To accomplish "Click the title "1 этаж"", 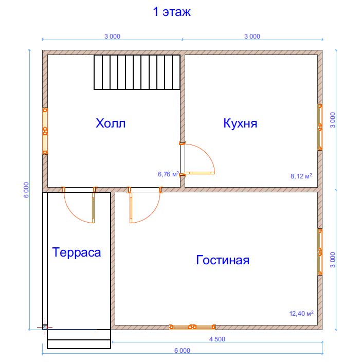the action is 172,12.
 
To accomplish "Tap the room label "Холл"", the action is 111,123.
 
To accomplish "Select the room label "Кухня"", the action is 240,123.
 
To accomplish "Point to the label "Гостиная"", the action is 223,260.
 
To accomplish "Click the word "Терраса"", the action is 77,252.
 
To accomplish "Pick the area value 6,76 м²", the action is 168,174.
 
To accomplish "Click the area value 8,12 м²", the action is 301,176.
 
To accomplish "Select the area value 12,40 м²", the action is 301,313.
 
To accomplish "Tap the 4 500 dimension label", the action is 217,339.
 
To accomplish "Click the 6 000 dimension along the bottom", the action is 182,351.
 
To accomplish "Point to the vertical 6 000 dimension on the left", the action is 26,190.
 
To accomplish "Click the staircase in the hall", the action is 137,72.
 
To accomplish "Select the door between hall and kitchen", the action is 197,158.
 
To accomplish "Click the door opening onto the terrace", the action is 79,205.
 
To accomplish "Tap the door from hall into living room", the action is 145,205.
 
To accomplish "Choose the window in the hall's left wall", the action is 45,131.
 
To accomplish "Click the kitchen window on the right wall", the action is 320,127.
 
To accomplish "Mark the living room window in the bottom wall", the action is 192,327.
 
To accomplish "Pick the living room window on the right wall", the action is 320,252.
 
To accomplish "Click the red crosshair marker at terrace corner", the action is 45,327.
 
